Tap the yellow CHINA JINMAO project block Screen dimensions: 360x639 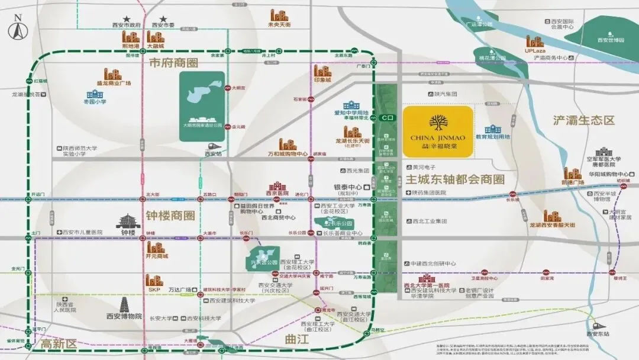tap(438, 131)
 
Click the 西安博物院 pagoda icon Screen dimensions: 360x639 tap(125, 304)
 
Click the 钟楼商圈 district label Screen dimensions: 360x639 tap(170, 216)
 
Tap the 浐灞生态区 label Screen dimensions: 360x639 tap(584, 120)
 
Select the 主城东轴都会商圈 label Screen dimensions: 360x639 tap(456, 179)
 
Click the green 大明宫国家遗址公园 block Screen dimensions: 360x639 tap(202, 106)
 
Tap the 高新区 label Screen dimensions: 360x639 tap(59, 343)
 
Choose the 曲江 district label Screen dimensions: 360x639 tap(297, 339)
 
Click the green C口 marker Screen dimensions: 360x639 tap(388, 117)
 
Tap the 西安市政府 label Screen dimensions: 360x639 tap(126, 25)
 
